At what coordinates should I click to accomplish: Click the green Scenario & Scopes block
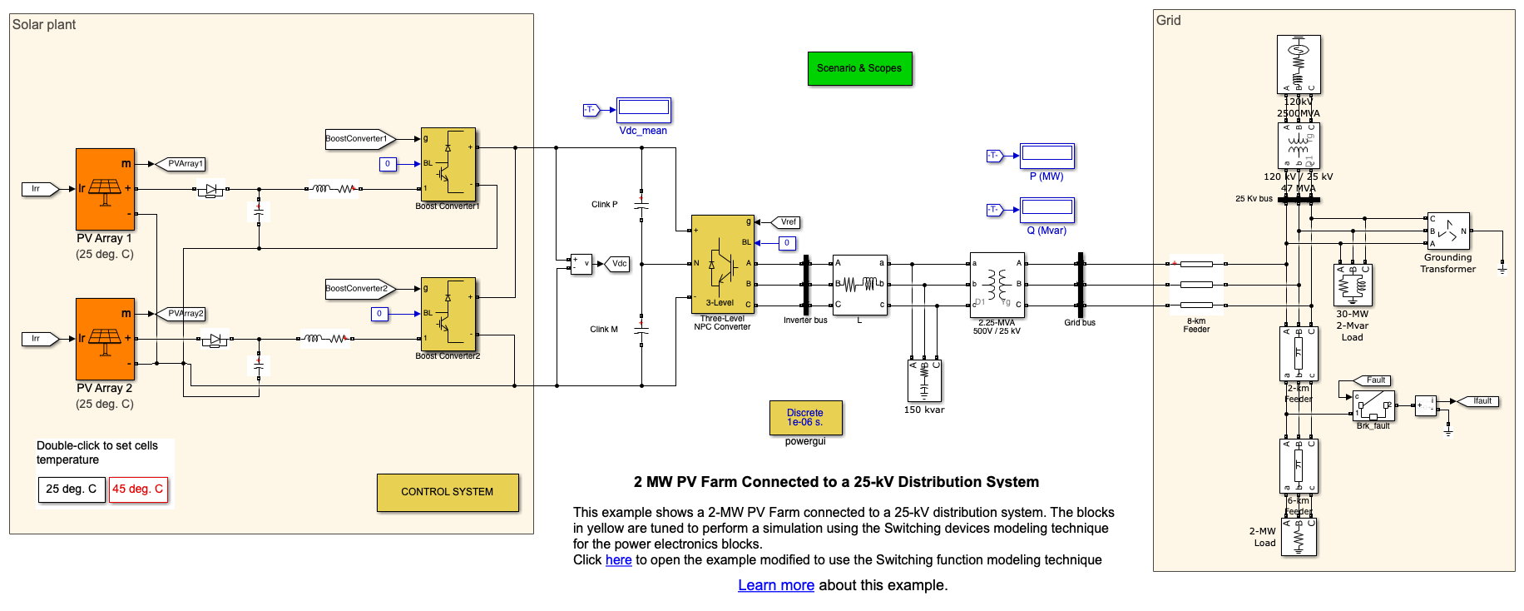pos(859,68)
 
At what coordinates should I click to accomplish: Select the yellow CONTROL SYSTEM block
pos(447,492)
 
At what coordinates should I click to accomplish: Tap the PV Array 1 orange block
pos(105,189)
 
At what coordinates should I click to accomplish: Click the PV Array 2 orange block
pos(105,339)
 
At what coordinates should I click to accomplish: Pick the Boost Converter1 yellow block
pos(448,165)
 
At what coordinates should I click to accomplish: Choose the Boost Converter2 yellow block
pos(448,315)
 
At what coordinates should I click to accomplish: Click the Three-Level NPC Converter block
pos(722,264)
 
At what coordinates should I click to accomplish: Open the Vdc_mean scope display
pos(644,109)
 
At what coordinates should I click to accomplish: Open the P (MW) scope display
pos(1047,155)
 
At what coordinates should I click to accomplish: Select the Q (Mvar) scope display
pos(1047,209)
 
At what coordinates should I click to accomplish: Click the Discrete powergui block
pos(805,417)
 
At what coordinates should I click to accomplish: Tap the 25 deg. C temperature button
pos(72,489)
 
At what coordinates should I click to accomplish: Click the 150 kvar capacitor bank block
pos(924,380)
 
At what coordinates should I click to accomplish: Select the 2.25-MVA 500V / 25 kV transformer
pos(997,285)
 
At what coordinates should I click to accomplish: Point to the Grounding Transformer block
pos(1448,231)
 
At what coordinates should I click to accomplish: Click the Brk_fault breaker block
pos(1373,406)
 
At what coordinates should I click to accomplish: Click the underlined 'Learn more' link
pos(775,585)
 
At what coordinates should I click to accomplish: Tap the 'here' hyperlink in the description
pos(618,560)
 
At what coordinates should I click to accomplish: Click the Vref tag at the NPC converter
pos(787,222)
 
